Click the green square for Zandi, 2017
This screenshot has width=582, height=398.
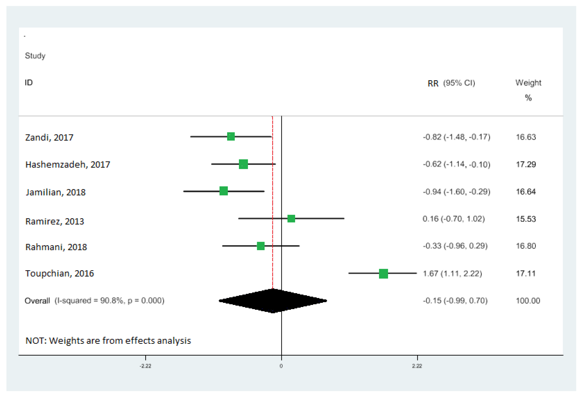pyautogui.click(x=231, y=137)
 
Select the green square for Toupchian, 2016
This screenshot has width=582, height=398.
pyautogui.click(x=383, y=274)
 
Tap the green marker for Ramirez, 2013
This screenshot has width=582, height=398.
pyautogui.click(x=291, y=219)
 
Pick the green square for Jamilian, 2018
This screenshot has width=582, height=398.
pyautogui.click(x=223, y=191)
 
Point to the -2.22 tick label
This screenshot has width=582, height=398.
pyautogui.click(x=145, y=366)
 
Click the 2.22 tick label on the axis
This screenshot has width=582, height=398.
pyautogui.click(x=417, y=366)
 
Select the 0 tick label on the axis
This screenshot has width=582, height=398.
pyautogui.click(x=281, y=366)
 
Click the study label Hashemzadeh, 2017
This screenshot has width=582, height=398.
pyautogui.click(x=68, y=165)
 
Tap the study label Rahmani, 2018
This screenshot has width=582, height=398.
pyautogui.click(x=56, y=247)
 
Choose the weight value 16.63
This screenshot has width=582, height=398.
pyautogui.click(x=526, y=137)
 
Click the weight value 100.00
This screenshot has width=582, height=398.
pyautogui.click(x=528, y=301)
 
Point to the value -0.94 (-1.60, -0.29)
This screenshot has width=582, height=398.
pyautogui.click(x=456, y=192)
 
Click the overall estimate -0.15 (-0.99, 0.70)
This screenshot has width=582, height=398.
pyautogui.click(x=455, y=301)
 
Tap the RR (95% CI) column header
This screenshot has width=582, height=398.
pyautogui.click(x=451, y=83)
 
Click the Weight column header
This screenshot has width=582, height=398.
pyautogui.click(x=528, y=83)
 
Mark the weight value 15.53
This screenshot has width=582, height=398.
pyautogui.click(x=526, y=219)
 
